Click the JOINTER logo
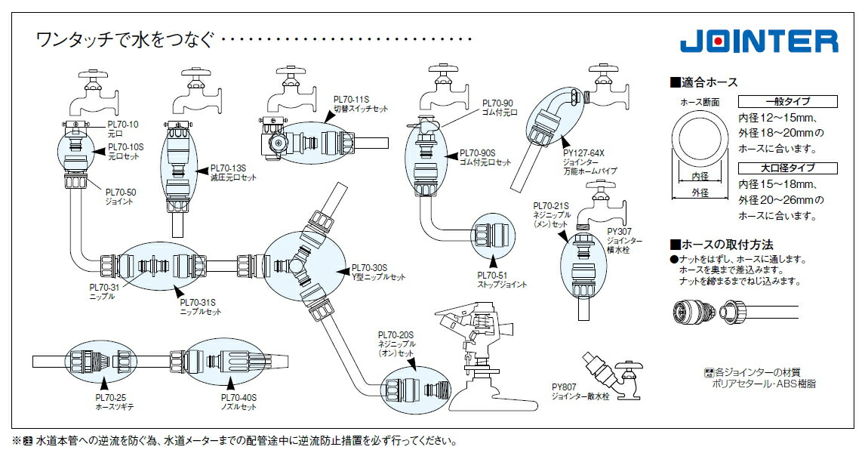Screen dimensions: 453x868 759,41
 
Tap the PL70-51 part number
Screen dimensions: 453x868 491,276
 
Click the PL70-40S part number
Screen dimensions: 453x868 239,398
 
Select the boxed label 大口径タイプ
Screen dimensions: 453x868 788,168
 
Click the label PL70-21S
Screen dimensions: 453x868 550,205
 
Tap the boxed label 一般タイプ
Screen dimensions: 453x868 788,102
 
